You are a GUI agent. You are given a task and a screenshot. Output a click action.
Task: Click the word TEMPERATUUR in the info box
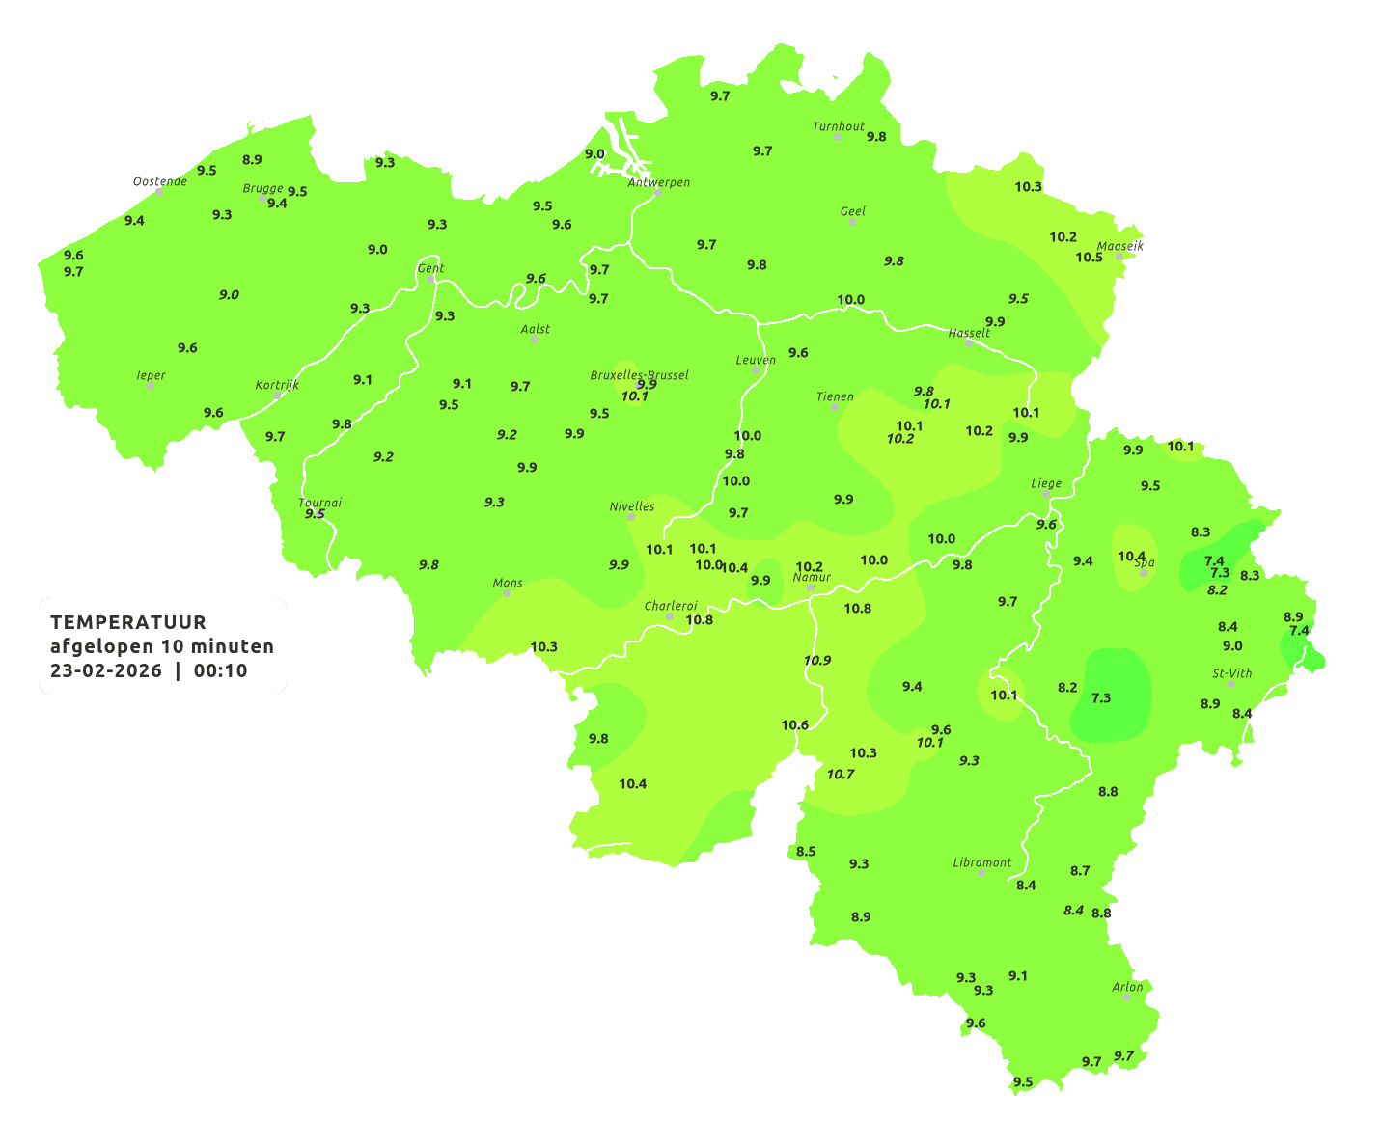coord(128,622)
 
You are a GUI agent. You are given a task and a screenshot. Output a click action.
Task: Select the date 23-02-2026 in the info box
coord(106,671)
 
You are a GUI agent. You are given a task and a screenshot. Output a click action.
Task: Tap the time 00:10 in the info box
coord(220,671)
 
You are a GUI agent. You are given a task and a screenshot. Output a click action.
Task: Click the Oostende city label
coord(159,181)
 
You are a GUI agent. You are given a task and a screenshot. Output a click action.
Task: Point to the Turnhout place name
coord(838,126)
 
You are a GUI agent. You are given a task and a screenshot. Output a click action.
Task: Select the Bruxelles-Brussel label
coord(639,374)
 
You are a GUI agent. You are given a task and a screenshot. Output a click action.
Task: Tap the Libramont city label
coord(981,862)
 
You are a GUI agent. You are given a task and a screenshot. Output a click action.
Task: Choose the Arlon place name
coord(1127,986)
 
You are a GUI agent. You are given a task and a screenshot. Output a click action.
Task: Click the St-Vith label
coord(1231,673)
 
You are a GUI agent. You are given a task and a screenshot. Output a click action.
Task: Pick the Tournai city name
coord(319,503)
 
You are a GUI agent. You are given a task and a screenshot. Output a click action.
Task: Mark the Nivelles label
coord(631,506)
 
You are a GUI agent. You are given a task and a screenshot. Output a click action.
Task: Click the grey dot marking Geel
coord(852,222)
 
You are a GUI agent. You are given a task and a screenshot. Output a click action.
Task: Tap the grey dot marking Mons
coord(507,593)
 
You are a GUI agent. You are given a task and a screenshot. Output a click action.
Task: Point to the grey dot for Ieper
coord(151,386)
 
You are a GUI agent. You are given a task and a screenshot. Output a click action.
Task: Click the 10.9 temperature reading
coord(816,661)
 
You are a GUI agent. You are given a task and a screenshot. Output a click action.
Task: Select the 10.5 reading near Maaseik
coord(1089,257)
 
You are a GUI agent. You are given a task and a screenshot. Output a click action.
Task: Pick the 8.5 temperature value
coord(806,851)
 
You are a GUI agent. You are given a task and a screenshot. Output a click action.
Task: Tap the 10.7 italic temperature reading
coord(840,774)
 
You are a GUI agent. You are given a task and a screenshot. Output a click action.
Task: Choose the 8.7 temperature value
coord(1079,870)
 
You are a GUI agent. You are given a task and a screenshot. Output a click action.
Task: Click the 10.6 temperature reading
coord(794,725)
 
